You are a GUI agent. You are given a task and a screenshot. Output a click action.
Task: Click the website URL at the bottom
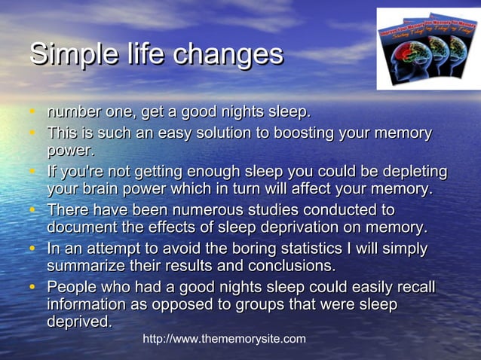coord(224,339)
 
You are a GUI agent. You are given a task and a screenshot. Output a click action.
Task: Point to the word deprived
coord(79,322)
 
